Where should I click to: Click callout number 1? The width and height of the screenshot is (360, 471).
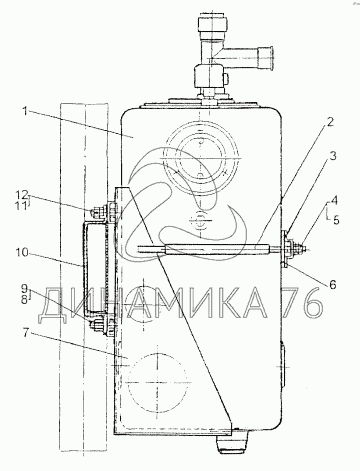point(25,111)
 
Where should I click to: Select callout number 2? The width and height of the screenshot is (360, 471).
point(329,122)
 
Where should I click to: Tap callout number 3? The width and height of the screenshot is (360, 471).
point(332,156)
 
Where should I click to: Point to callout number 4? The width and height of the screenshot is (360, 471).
point(335,201)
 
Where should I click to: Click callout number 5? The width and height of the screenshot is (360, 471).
point(336,220)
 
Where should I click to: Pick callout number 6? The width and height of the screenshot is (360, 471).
point(332,284)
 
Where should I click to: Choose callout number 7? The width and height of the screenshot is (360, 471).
point(27,334)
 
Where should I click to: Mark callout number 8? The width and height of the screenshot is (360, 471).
point(25,300)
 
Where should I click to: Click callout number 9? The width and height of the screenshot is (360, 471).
point(25,287)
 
